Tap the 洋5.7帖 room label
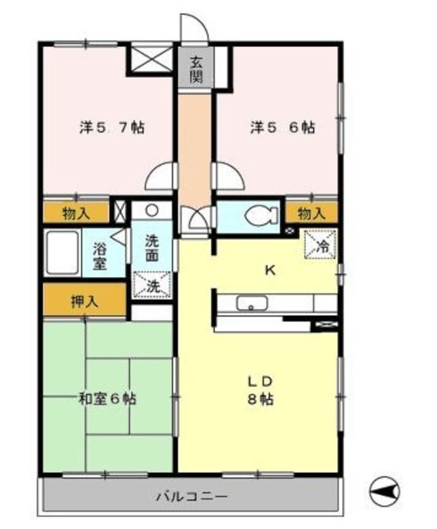(x=112, y=128)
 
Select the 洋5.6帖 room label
(x=283, y=128)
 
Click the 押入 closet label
(x=85, y=301)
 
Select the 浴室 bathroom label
(x=100, y=255)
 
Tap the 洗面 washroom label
(x=153, y=249)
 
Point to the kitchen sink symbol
(x=248, y=303)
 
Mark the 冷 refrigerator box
(x=320, y=245)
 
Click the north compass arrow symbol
(x=385, y=489)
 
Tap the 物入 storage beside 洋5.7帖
(x=76, y=213)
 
